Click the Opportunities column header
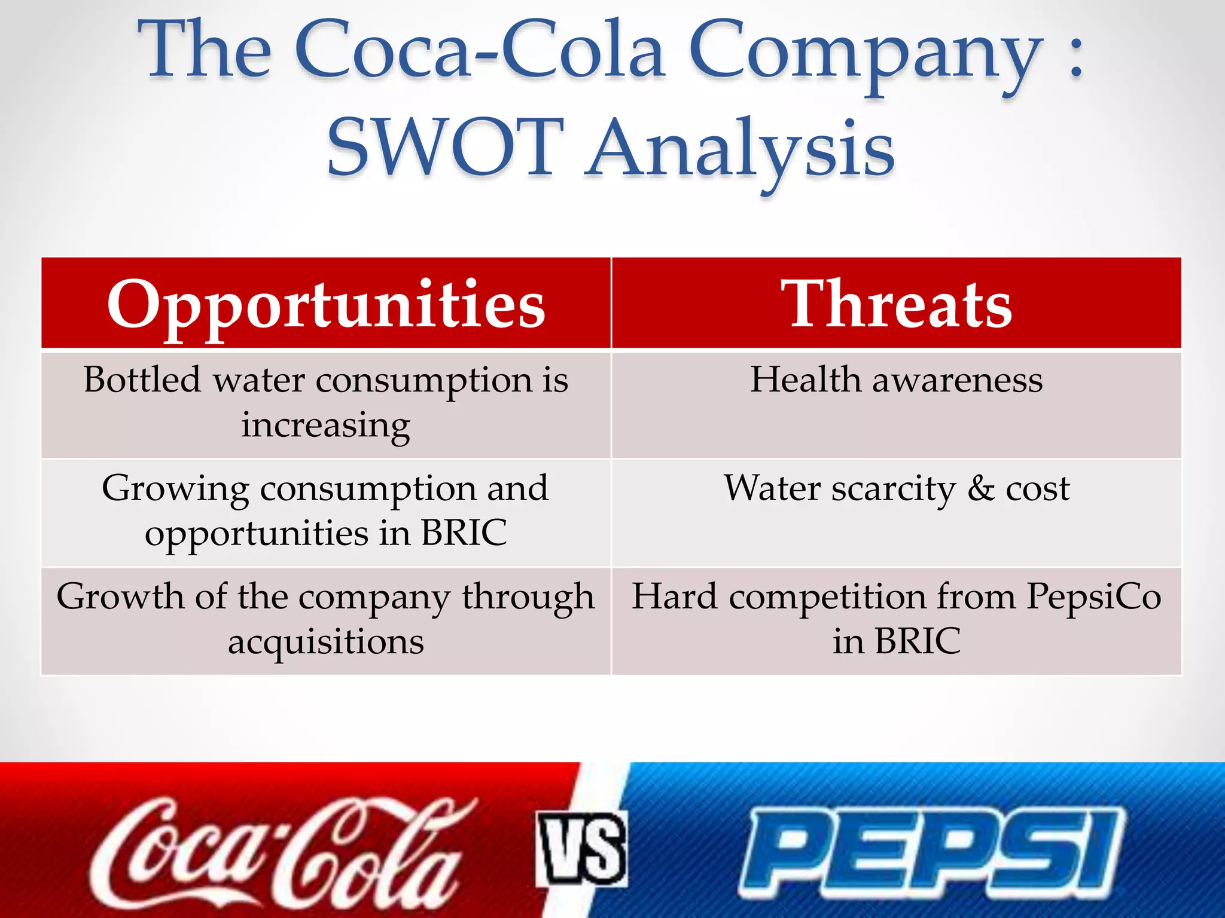[x=326, y=305]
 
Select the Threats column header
[x=895, y=305]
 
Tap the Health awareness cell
[x=896, y=380]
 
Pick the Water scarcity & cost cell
[x=896, y=489]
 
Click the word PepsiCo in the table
[x=1093, y=597]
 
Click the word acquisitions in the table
[x=326, y=642]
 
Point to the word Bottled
[x=142, y=380]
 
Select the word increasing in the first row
[x=326, y=426]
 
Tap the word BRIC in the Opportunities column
[x=464, y=533]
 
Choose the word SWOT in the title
[x=446, y=148]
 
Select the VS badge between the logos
[x=581, y=849]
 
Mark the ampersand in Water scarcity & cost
[x=981, y=489]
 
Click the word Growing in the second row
[x=175, y=489]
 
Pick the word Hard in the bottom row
[x=674, y=597]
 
